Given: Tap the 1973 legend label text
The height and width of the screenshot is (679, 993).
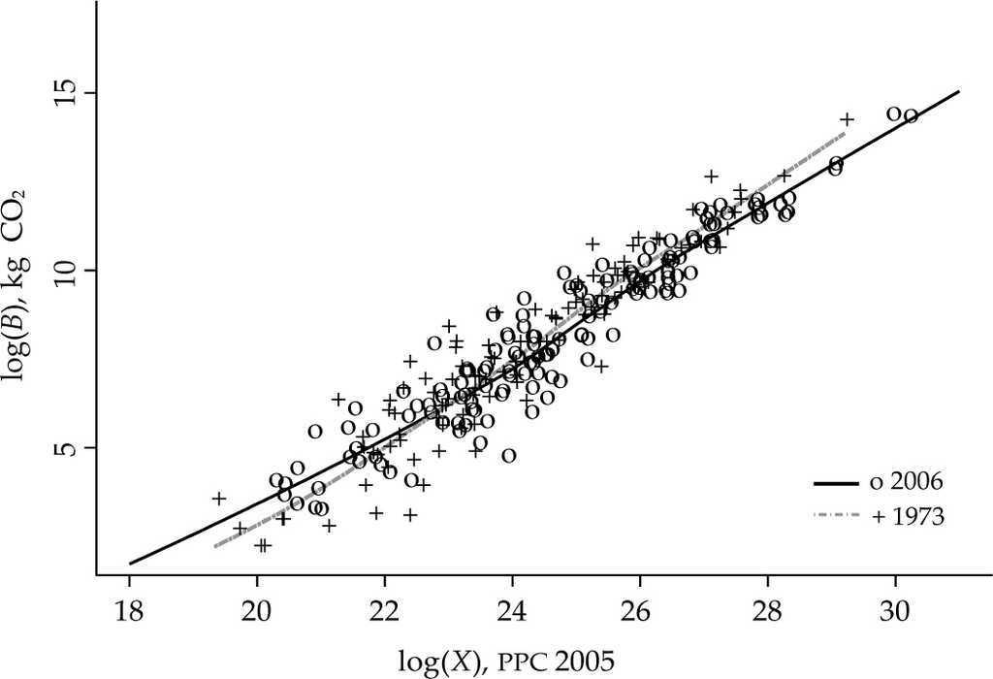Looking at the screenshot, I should [x=908, y=517].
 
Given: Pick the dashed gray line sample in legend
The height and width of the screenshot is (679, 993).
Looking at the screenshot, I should [x=836, y=517].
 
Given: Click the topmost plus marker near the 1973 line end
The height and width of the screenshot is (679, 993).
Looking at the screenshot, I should [x=847, y=119].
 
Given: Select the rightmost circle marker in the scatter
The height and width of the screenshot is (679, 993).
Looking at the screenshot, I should [x=911, y=116].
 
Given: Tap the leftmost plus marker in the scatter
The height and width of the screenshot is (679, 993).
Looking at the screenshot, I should [x=219, y=499].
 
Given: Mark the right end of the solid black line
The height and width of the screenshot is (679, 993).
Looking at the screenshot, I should [x=959, y=91].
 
